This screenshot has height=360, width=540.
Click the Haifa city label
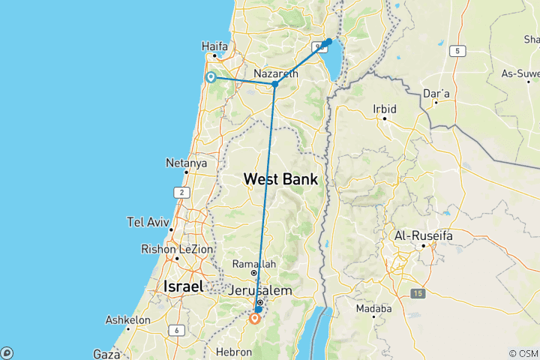pos(214,46)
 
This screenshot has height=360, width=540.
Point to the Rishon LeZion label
pos(177,249)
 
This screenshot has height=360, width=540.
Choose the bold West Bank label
pos(280,180)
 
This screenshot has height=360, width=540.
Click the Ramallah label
pos(253,264)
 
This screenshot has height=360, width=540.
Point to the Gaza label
pos(106,353)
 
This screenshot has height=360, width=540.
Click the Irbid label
pos(384,109)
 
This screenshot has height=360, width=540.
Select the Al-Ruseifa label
pos(424,235)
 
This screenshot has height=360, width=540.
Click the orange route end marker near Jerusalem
pos(255,318)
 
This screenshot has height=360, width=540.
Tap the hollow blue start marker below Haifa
pos(211,77)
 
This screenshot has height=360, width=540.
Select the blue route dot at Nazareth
pos(275,84)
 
